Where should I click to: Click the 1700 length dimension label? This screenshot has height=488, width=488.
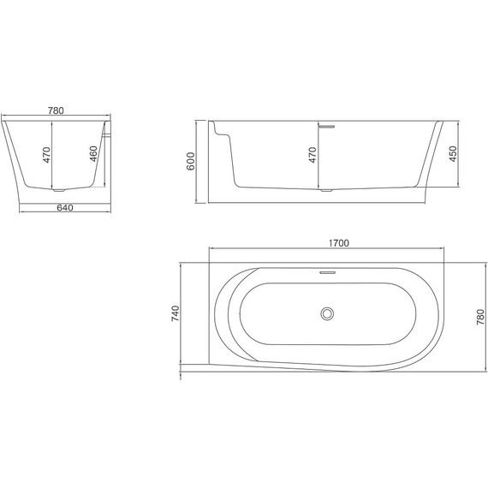tap(338, 243)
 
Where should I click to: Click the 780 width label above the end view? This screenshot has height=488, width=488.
tap(57, 110)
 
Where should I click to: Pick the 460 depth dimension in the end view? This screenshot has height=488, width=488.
tap(92, 154)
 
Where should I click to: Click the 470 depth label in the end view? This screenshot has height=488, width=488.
tap(46, 154)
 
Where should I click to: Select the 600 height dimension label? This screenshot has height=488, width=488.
tap(193, 162)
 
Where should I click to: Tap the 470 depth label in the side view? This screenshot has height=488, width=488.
tap(314, 155)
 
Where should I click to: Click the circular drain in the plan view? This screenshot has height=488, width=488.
tap(325, 314)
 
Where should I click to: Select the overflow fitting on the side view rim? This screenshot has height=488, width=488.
tap(325, 125)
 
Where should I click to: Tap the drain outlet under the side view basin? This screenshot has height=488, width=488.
tap(325, 189)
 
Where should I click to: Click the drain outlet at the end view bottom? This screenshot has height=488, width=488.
tap(57, 189)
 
